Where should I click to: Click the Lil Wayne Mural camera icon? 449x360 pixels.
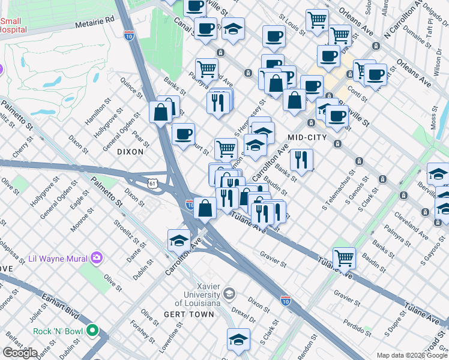[96, 259]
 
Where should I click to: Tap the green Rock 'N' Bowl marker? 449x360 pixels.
[92, 330]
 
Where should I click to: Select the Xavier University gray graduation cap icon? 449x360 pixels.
[228, 293]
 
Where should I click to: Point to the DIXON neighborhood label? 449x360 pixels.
[130, 152]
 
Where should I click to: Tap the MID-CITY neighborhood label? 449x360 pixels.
[307, 137]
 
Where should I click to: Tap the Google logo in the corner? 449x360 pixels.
[20, 353]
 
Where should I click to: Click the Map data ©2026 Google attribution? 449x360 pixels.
[411, 355]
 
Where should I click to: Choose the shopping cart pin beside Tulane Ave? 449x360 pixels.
[344, 257]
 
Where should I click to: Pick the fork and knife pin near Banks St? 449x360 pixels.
[301, 160]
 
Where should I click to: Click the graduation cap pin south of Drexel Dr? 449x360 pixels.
[238, 339]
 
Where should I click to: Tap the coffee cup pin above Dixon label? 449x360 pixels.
[183, 133]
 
